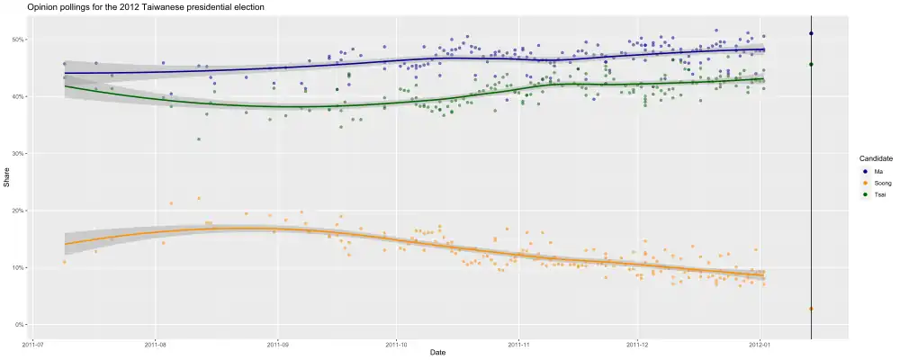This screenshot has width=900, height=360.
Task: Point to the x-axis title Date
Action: click(438, 352)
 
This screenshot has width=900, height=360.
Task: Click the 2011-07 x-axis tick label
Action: click(34, 343)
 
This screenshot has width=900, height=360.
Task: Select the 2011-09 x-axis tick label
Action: click(278, 343)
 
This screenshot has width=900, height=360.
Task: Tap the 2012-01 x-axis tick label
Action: click(760, 343)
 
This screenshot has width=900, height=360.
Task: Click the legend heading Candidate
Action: click(876, 158)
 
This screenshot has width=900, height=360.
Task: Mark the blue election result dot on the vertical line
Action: click(811, 33)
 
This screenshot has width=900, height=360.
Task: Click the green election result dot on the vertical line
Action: click(811, 64)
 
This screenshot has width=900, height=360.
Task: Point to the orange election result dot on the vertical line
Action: click(811, 309)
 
